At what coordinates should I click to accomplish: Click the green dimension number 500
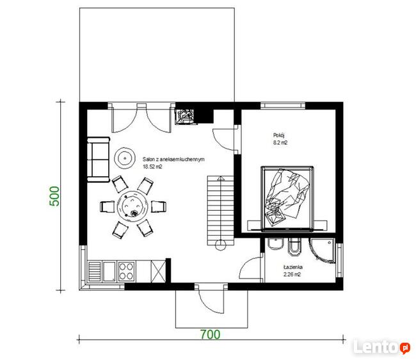coord(54,196)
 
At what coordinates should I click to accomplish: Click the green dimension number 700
coord(210,334)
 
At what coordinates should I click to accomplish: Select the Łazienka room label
coord(293,267)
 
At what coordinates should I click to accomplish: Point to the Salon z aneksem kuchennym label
coord(173,160)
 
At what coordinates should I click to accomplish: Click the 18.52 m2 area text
coord(152,167)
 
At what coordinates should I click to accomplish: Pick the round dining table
coord(132,206)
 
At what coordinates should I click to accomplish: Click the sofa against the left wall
coord(99,160)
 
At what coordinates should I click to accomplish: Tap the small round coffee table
coord(124,158)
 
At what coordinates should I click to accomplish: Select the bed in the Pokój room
coord(287,199)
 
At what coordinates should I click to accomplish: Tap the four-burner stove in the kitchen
coord(126,272)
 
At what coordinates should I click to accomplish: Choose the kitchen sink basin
coord(109,272)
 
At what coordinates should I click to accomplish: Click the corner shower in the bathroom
coord(323,250)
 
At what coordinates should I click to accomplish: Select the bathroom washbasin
coord(276,244)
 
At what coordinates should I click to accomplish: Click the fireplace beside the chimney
coord(186,117)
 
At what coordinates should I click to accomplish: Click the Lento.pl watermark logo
coord(381,347)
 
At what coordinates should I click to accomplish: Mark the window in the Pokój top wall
coord(283,106)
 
